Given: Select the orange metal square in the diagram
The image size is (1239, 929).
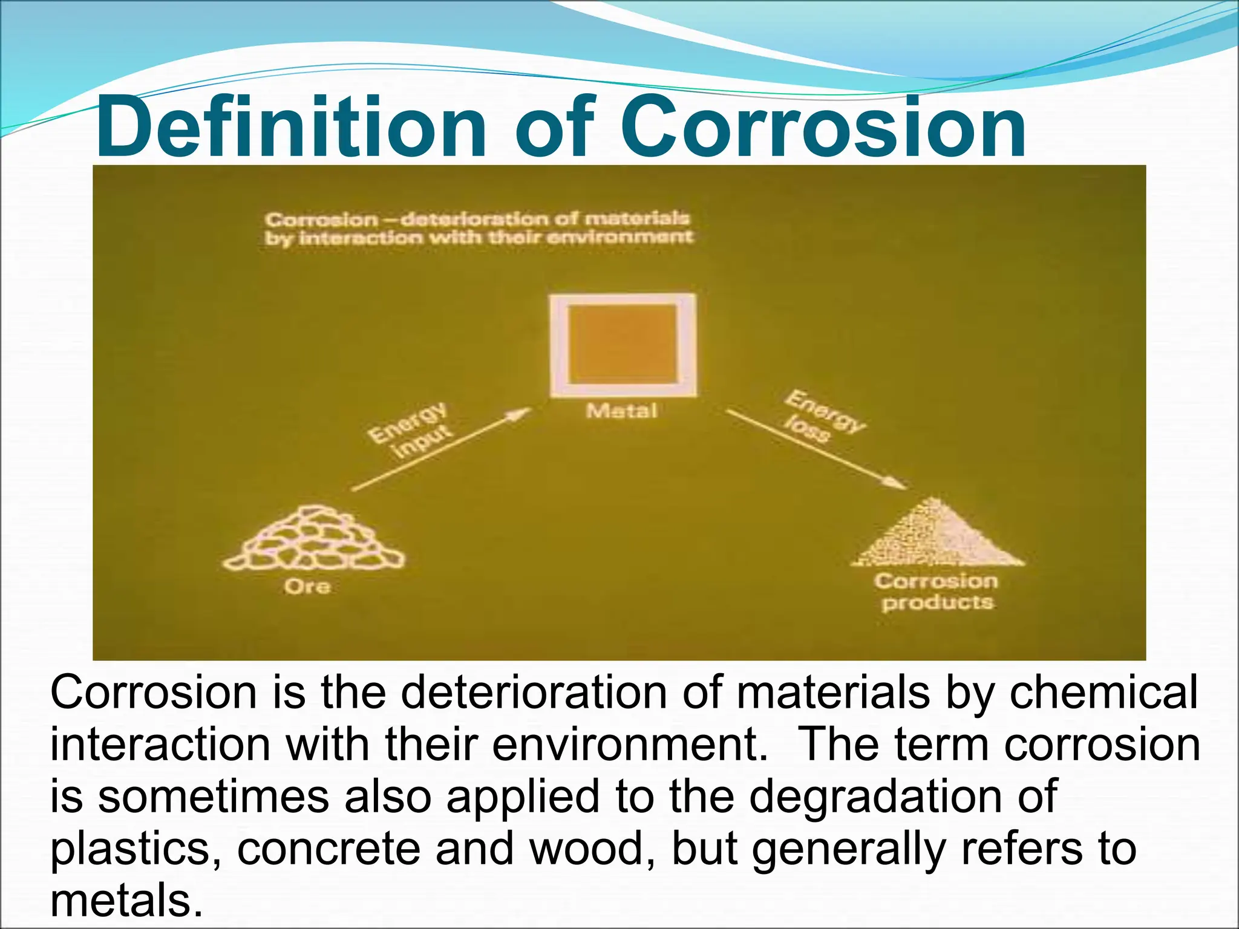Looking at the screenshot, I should (x=623, y=345).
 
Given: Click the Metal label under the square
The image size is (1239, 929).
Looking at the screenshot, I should (x=621, y=412).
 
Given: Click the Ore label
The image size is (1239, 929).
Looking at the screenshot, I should (x=307, y=586).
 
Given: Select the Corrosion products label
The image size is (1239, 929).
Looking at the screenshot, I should (x=936, y=592).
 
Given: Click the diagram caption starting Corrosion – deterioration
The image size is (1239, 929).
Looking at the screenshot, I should (x=478, y=227).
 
